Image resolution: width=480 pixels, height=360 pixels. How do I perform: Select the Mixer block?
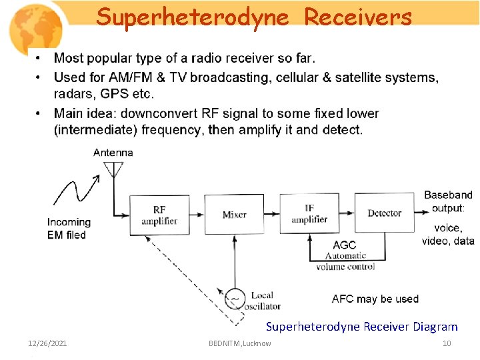[x=234, y=215]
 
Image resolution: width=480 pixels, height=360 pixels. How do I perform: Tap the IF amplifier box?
[x=309, y=214]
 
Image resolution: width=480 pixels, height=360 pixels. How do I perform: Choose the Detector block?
[x=384, y=213]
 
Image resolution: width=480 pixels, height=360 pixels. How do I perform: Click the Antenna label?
[x=113, y=153]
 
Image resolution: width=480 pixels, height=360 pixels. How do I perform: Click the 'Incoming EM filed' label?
[x=68, y=228]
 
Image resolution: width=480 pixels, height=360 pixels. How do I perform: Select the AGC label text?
[x=345, y=245]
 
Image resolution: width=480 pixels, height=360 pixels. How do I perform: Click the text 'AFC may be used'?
[x=375, y=299]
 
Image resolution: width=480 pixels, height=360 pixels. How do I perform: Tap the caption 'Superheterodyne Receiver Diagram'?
[x=361, y=327]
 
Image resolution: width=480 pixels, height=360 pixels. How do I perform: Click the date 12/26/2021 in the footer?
[x=47, y=343]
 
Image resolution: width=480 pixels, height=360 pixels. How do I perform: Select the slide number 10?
[x=447, y=343]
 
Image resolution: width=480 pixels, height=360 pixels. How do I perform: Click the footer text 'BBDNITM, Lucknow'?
[x=240, y=343]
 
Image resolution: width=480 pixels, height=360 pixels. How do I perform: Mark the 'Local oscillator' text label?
[x=264, y=301]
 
